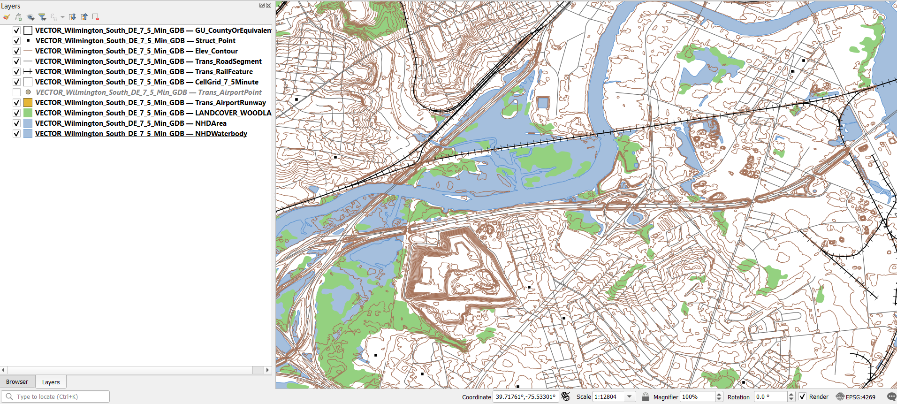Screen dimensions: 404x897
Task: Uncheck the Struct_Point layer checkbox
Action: pyautogui.click(x=16, y=41)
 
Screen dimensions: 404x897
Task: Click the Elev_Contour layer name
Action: pyautogui.click(x=136, y=51)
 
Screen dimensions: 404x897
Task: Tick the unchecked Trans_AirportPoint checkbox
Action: pyautogui.click(x=16, y=92)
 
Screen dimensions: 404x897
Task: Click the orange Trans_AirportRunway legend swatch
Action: pyautogui.click(x=28, y=103)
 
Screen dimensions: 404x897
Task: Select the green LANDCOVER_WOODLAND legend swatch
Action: pyautogui.click(x=28, y=113)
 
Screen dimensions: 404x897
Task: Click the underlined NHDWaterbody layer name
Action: pyautogui.click(x=141, y=134)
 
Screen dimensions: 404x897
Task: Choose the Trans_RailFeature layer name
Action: pyautogui.click(x=144, y=72)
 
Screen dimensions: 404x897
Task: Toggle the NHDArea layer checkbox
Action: pyautogui.click(x=16, y=123)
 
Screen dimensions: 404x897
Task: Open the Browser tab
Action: pyautogui.click(x=17, y=382)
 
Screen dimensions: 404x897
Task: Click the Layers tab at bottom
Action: pyautogui.click(x=51, y=382)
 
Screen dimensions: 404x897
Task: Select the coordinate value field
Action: pyautogui.click(x=525, y=397)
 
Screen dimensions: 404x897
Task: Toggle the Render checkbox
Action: pyautogui.click(x=803, y=396)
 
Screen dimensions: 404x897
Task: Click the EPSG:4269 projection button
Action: pyautogui.click(x=856, y=397)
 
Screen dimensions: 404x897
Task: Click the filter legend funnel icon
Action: pyautogui.click(x=42, y=17)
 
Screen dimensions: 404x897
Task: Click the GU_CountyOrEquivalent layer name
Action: pyautogui.click(x=152, y=30)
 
